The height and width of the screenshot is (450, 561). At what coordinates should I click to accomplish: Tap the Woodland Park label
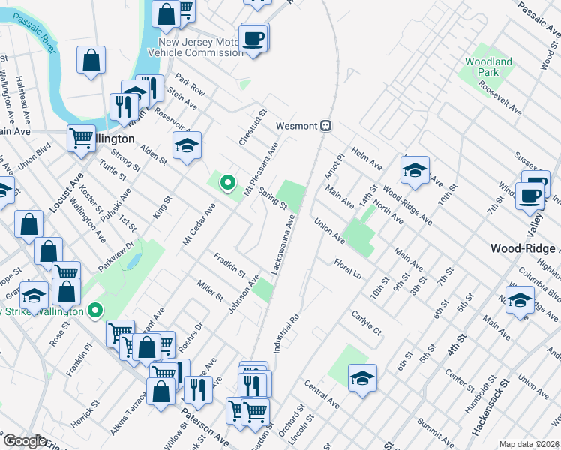pos(488,67)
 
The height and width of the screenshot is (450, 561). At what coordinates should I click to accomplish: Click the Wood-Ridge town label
pos(524,248)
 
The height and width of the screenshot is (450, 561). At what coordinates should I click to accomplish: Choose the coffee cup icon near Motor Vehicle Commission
pos(253,38)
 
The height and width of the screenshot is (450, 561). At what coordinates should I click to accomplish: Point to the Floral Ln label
pos(348,266)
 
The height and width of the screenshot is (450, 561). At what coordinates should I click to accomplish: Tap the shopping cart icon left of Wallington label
pos(81,138)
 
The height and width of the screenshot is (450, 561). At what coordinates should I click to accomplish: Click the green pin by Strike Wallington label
pos(95,309)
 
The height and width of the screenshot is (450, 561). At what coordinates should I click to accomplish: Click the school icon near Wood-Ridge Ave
pos(415,170)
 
